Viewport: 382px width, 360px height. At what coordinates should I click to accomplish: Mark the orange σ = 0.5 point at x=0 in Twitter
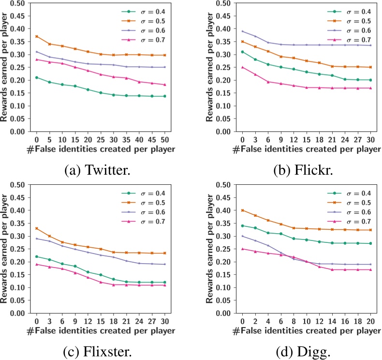coord(36,36)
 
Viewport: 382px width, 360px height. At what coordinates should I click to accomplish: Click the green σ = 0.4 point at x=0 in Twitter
coord(36,77)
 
